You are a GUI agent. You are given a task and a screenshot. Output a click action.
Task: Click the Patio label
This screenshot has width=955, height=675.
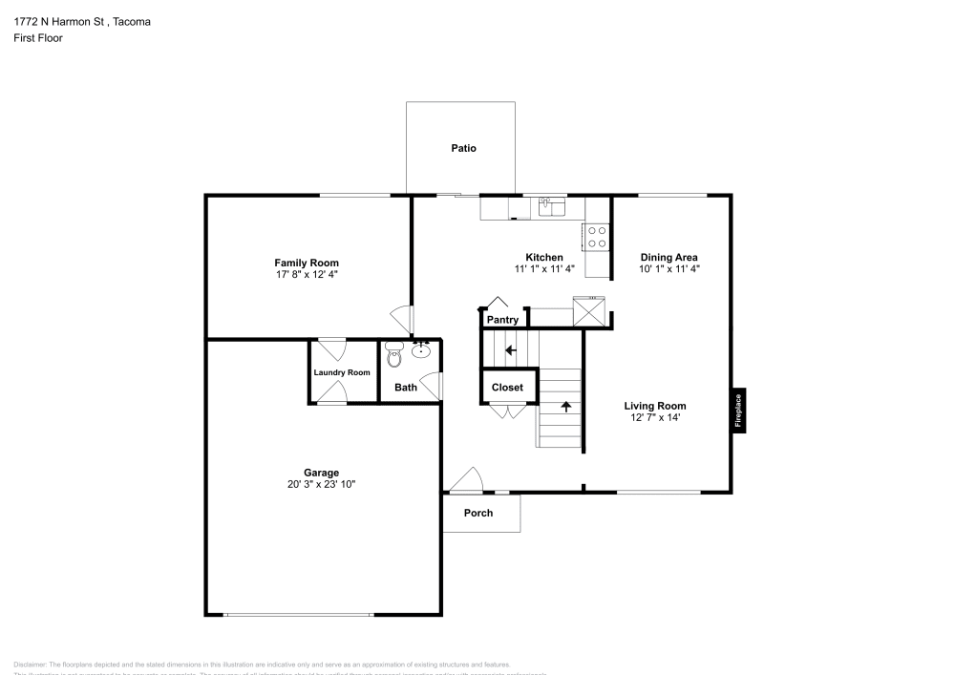[x=463, y=148]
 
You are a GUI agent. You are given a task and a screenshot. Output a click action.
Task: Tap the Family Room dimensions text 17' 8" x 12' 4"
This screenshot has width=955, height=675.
[x=307, y=274]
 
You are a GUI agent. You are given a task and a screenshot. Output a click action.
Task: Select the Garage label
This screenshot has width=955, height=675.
[x=321, y=473]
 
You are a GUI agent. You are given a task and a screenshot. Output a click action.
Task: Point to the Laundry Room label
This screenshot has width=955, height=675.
[x=342, y=372]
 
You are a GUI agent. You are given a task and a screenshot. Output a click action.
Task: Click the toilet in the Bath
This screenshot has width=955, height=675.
[x=394, y=357]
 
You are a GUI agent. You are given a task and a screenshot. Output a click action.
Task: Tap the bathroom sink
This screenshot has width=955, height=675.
[x=421, y=352]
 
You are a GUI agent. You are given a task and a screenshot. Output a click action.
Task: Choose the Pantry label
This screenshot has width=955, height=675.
[x=502, y=320]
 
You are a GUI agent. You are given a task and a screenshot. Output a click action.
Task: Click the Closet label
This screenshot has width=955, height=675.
[x=507, y=388]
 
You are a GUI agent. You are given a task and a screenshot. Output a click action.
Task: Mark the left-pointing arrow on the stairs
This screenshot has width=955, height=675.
[x=510, y=350]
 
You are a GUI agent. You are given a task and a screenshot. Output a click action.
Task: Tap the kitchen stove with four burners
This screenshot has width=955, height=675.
[x=597, y=237]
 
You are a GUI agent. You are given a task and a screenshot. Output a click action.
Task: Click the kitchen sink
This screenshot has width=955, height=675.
[x=551, y=205]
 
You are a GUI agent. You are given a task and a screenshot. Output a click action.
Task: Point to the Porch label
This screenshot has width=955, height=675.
[x=478, y=513]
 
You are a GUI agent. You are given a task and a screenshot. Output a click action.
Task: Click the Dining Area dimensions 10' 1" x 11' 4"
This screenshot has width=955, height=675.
[x=668, y=269]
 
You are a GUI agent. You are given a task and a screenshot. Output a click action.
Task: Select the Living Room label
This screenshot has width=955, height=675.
[x=654, y=406]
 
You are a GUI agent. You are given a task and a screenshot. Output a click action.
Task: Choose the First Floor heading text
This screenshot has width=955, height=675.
[x=38, y=38]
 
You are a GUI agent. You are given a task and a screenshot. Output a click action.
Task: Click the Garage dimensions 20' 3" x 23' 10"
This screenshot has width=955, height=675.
[x=321, y=485]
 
